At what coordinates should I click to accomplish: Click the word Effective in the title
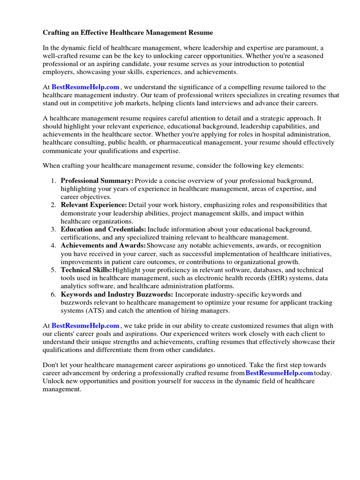(92, 32)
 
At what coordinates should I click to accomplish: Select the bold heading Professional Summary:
(97, 180)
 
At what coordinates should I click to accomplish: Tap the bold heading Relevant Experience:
(94, 205)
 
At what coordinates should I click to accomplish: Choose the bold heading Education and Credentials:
(103, 229)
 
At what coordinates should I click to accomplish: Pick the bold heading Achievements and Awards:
(103, 246)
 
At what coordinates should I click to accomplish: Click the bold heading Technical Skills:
(86, 270)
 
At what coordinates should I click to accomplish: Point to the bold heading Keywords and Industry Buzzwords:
(117, 294)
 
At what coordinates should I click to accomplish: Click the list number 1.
(53, 180)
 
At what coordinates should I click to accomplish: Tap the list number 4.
(53, 246)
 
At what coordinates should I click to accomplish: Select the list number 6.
(53, 294)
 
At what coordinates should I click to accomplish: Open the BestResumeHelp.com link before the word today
(279, 373)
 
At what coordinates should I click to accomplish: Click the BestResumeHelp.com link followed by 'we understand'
(85, 87)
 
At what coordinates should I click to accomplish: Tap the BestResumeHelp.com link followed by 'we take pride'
(85, 325)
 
